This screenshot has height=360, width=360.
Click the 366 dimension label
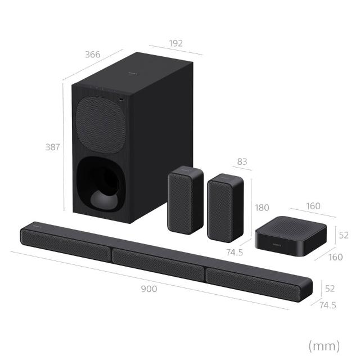pos(93,55)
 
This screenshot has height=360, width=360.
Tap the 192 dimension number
pos(176,43)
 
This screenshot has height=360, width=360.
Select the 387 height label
pos(52,147)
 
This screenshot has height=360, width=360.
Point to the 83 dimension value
pos(242,161)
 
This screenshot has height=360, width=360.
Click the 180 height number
pos(262,208)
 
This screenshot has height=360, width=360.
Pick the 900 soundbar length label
pos(149,289)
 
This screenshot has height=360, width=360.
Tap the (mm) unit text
pos(324,346)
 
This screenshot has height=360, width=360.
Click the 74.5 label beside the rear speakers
pos(235,253)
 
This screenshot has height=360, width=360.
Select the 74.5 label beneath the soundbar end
pos(327,305)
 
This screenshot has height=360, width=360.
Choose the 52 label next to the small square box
pos(344,235)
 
